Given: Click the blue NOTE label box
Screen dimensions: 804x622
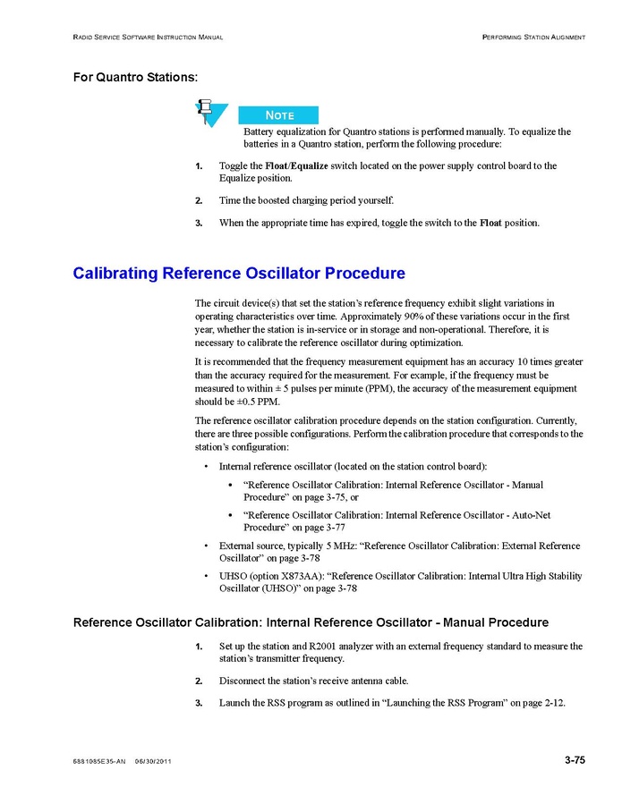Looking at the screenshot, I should (x=278, y=115).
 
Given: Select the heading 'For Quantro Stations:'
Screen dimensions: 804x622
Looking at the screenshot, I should (x=134, y=77).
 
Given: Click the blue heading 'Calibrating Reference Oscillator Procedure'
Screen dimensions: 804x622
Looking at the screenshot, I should (x=239, y=273).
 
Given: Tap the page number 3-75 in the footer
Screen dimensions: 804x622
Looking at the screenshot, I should (x=575, y=761).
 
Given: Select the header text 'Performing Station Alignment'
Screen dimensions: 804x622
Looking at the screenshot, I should (x=533, y=37).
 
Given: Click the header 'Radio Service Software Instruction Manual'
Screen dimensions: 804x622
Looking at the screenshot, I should (x=148, y=37).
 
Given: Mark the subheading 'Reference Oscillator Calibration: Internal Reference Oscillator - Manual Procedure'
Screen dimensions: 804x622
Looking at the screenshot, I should (x=311, y=622).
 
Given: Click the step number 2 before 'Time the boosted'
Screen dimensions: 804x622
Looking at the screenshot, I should (x=198, y=199).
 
